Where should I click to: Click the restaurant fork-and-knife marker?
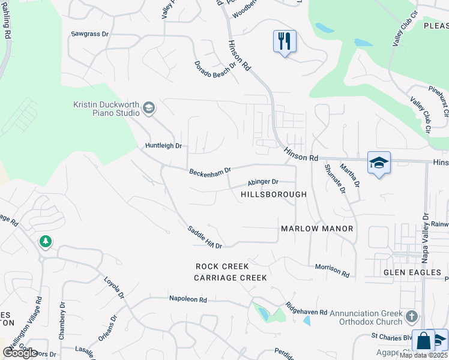285,41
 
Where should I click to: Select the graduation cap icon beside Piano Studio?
149,109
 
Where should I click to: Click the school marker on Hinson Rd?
379,163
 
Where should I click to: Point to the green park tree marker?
46,241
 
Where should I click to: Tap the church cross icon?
411,316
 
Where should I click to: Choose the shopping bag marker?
424,341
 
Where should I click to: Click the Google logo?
20,352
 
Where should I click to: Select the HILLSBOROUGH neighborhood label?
274,194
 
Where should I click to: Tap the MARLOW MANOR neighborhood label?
317,229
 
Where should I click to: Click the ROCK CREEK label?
222,266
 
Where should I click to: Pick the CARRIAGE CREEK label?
230,278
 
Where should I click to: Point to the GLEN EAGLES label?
408,272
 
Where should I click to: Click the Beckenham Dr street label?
210,172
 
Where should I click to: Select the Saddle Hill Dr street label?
205,237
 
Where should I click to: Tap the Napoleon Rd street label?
187,299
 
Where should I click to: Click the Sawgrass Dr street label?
89,35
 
